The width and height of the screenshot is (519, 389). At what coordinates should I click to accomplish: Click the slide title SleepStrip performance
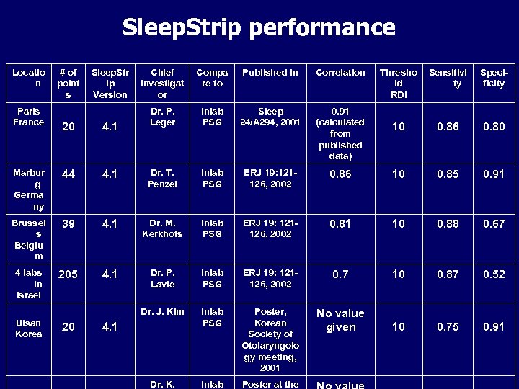tap(259, 27)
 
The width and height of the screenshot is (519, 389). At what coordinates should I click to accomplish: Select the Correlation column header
tap(340, 73)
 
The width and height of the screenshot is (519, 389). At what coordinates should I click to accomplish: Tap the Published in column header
tap(270, 73)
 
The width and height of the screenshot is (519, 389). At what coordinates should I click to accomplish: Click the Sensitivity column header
tap(448, 78)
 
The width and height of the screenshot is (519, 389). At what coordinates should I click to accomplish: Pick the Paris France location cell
tap(28, 117)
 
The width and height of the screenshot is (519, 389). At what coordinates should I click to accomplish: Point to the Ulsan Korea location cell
tap(28, 328)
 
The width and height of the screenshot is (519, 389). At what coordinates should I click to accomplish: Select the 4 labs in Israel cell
tap(28, 284)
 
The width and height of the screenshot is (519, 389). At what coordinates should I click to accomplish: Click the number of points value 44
tap(68, 174)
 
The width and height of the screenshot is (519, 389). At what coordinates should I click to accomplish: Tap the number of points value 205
tap(68, 274)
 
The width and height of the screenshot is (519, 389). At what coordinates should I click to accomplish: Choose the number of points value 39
tap(68, 224)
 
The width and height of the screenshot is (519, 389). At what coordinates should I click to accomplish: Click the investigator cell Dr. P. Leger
tap(162, 117)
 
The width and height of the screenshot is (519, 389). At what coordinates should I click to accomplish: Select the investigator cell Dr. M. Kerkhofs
tap(162, 228)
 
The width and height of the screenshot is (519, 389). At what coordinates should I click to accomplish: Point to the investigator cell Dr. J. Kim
tap(162, 312)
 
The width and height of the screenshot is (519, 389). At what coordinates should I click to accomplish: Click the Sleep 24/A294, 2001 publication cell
tap(270, 117)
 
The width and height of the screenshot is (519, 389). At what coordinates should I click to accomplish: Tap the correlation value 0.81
tap(340, 224)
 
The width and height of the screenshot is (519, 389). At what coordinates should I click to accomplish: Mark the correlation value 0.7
tap(340, 274)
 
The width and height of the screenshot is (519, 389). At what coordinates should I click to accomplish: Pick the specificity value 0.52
tap(494, 274)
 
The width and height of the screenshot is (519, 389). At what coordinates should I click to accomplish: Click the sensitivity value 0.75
tap(448, 327)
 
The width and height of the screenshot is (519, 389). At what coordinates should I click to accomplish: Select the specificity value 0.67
tap(494, 224)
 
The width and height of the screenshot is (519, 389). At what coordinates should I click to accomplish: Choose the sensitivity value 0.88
tap(448, 224)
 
